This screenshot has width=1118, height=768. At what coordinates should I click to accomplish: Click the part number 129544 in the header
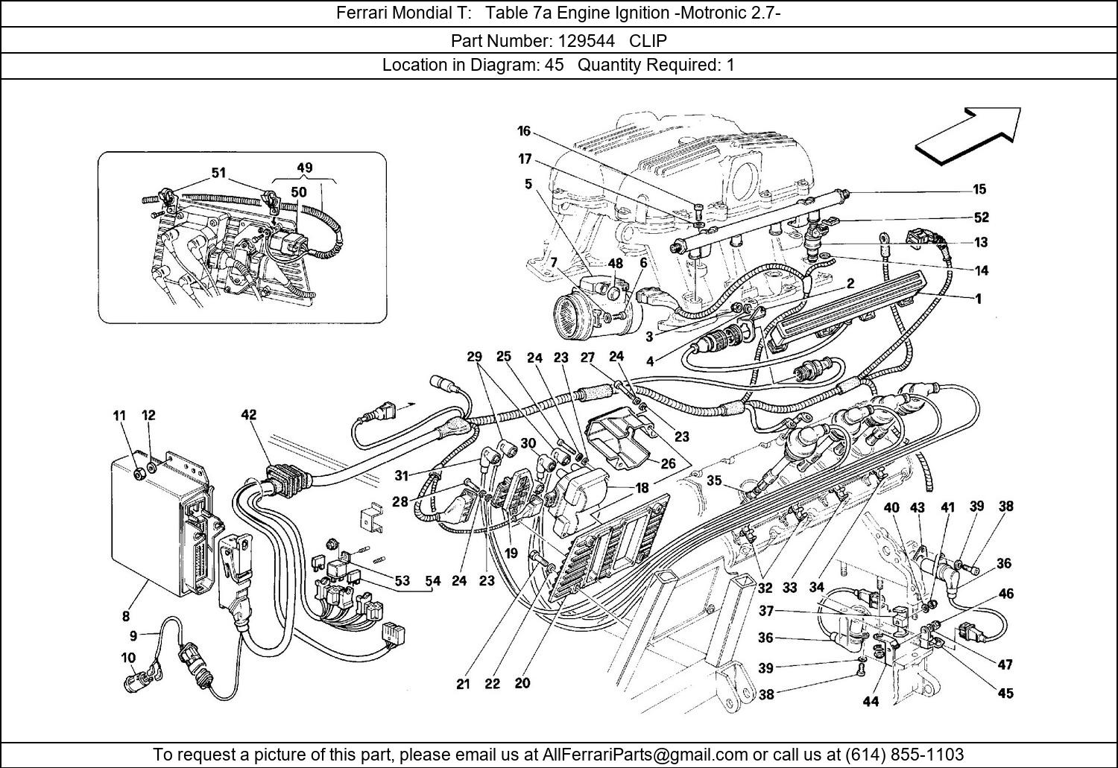[589, 40]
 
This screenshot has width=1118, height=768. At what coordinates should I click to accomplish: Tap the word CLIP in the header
[648, 40]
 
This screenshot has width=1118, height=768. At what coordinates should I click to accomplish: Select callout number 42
[248, 415]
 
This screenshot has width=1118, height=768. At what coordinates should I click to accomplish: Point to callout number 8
[125, 616]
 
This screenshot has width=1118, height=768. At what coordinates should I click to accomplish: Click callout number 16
[524, 131]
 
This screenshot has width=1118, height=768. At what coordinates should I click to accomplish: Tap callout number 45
[1005, 693]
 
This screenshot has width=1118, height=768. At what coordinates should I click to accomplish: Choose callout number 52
[981, 218]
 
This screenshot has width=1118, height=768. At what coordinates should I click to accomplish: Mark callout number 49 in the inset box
[304, 168]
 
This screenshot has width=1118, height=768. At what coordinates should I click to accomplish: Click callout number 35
[714, 480]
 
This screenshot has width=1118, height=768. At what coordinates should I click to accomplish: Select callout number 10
[127, 658]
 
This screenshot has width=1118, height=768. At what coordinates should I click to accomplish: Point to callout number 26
[668, 463]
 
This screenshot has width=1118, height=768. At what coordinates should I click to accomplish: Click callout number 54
[432, 580]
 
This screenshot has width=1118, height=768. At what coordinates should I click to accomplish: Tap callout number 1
[978, 299]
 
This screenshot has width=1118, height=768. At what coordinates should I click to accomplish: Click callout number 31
[402, 475]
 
